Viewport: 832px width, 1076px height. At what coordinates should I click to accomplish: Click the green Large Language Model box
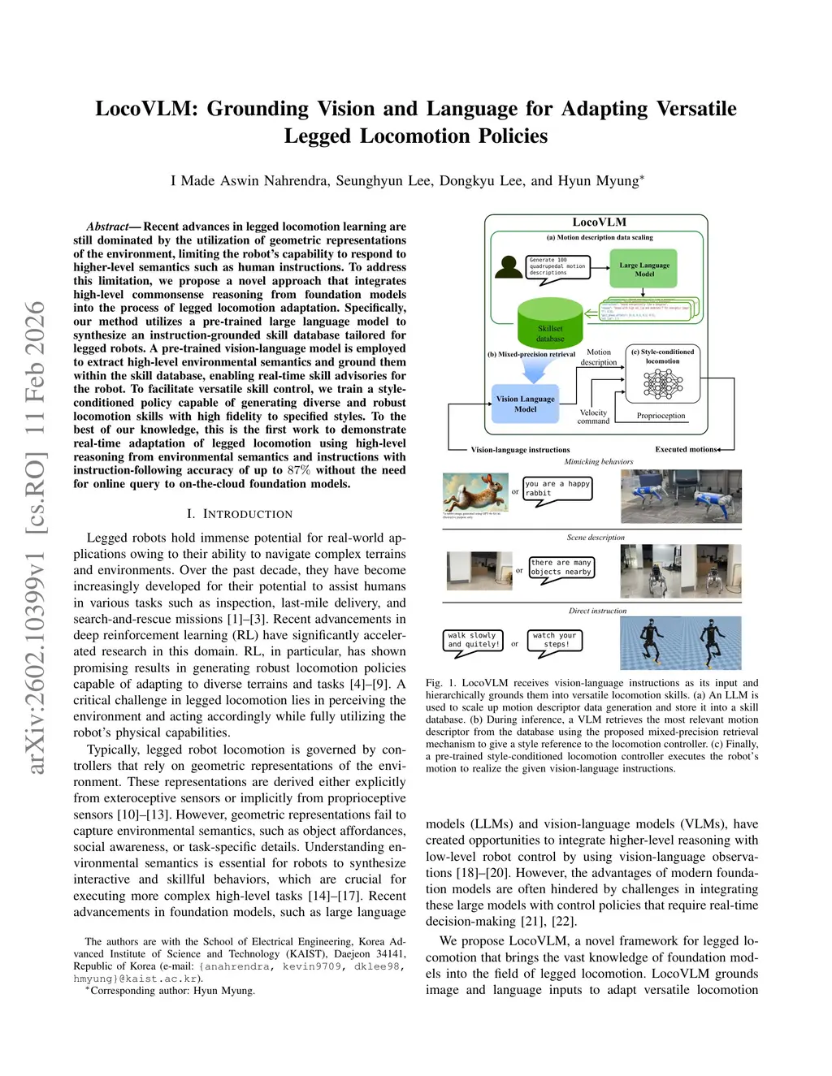pyautogui.click(x=644, y=269)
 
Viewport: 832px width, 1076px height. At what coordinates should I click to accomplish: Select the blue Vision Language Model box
pyautogui.click(x=525, y=404)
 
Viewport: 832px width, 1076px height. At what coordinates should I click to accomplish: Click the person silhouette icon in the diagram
pyautogui.click(x=510, y=268)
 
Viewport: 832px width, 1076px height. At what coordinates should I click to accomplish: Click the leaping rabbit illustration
pyautogui.click(x=474, y=492)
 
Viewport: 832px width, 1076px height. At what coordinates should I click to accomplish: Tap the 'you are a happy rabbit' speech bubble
pyautogui.click(x=557, y=489)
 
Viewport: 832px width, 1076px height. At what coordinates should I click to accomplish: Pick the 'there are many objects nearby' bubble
pyautogui.click(x=561, y=568)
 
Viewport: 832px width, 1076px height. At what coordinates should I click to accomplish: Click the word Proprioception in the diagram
pyautogui.click(x=661, y=416)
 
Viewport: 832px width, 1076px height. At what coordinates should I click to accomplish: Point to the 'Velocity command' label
pyautogui.click(x=593, y=417)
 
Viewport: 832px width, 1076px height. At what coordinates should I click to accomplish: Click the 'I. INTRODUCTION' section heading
pyautogui.click(x=240, y=514)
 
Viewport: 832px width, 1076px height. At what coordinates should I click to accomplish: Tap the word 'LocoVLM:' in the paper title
pyautogui.click(x=146, y=109)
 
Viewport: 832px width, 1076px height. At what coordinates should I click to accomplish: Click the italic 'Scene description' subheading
pyautogui.click(x=596, y=538)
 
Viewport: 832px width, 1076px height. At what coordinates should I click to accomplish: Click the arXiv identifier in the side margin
pyautogui.click(x=36, y=536)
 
